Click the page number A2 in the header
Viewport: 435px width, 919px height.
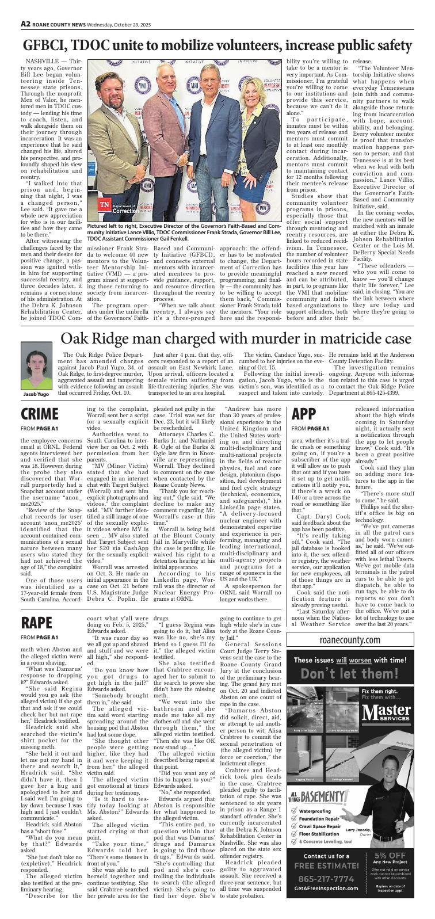[26, 24]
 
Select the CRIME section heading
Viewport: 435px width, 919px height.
[40, 414]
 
